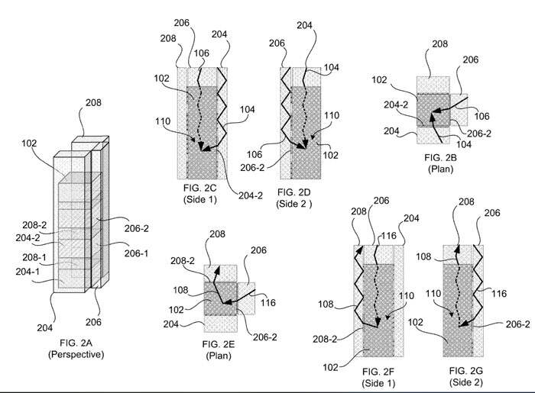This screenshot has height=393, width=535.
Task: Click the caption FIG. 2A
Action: click(76, 343)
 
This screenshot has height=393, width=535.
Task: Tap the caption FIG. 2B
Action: click(440, 158)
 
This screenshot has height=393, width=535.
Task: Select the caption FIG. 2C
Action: click(199, 188)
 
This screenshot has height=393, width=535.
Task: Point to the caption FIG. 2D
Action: click(293, 192)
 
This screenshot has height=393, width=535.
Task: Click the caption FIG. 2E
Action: click(219, 344)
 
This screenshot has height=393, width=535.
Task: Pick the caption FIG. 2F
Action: click(378, 371)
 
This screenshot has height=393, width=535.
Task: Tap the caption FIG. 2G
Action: click(465, 371)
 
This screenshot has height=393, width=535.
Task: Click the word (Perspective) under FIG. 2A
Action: click(76, 355)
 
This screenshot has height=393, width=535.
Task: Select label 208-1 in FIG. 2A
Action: click(34, 257)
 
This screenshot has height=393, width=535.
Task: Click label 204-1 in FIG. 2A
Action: click(28, 272)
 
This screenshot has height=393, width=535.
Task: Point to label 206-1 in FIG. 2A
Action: click(137, 253)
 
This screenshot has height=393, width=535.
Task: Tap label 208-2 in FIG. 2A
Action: click(34, 225)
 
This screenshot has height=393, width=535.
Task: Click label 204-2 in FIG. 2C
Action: click(251, 195)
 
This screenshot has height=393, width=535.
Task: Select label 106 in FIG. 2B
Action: click(481, 116)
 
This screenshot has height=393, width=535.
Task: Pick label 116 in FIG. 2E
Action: click(268, 302)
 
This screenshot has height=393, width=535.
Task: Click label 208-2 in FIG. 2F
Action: click(325, 339)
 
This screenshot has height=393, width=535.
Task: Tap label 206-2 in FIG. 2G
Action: click(518, 324)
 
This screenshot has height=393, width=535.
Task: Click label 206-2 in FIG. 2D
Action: click(252, 168)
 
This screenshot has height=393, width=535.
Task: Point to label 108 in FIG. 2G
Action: click(423, 256)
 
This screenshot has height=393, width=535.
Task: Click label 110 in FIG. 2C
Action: click(163, 121)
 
